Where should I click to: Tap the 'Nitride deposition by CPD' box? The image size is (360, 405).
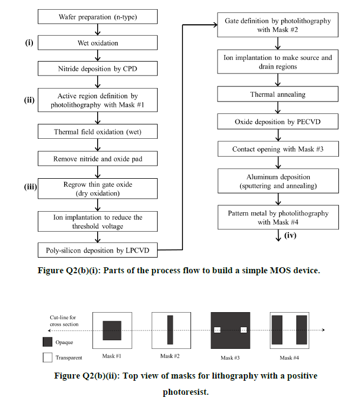[97, 69]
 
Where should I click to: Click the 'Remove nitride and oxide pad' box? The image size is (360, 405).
[97, 158]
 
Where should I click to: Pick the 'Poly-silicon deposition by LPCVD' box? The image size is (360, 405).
[97, 250]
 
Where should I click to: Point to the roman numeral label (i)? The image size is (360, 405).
[30, 41]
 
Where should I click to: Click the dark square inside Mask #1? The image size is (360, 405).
[112, 330]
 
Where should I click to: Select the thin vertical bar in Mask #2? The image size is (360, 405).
[170, 330]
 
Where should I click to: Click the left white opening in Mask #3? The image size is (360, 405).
[217, 330]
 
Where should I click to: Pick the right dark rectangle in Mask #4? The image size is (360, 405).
[301, 330]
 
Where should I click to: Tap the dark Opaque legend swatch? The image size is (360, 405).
[47, 342]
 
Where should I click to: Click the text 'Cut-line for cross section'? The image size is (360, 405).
[64, 321]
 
